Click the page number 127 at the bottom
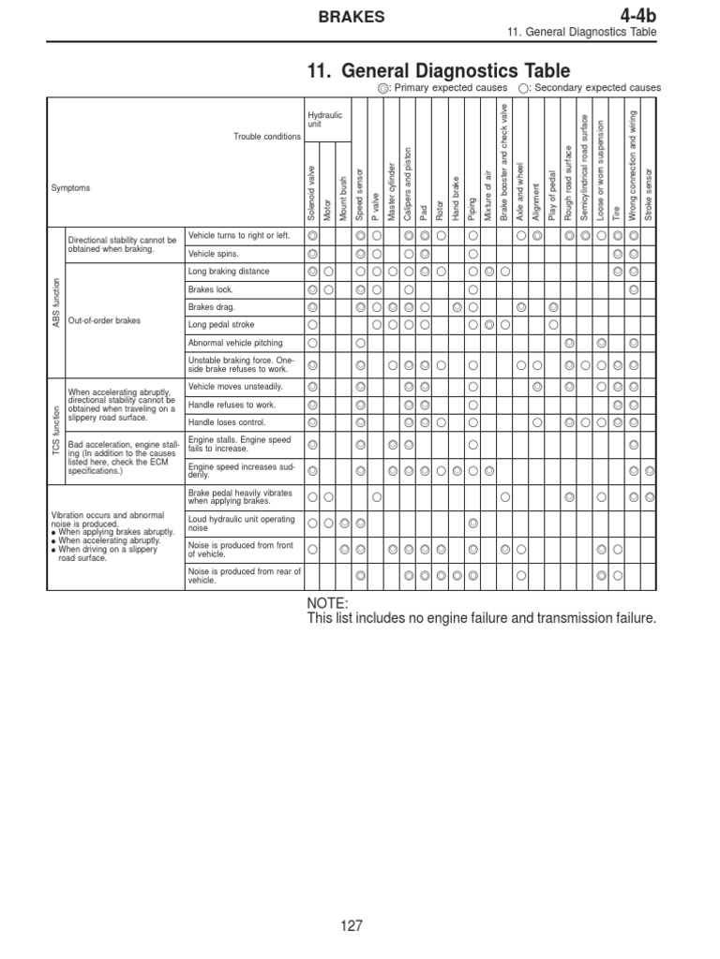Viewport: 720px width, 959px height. click(352, 926)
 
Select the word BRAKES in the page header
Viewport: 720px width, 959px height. click(351, 16)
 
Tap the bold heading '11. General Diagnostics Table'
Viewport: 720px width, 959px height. click(438, 70)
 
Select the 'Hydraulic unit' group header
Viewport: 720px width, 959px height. click(325, 119)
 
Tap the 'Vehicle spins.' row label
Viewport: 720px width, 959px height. click(214, 254)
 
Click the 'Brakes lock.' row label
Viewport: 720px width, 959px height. click(210, 289)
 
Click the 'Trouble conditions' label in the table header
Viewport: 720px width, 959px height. click(267, 137)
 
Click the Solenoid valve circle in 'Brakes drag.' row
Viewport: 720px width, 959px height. click(312, 307)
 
